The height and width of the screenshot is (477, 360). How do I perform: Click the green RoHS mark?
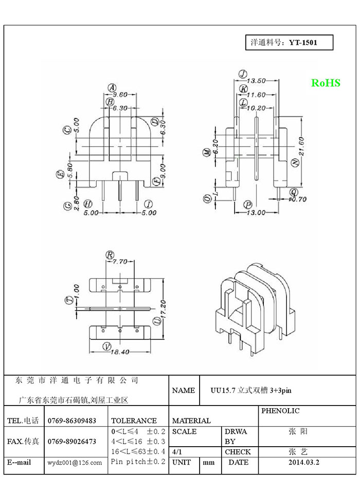click(x=326, y=83)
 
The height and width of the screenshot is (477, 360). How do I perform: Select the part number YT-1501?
click(x=303, y=43)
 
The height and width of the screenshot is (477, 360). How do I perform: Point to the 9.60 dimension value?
click(x=120, y=95)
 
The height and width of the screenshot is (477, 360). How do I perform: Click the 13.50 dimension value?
click(x=256, y=81)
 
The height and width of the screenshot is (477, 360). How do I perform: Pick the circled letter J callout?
click(x=243, y=74)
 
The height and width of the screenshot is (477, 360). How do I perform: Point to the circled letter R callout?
click(x=110, y=254)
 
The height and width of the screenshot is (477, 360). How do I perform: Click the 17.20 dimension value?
click(x=164, y=307)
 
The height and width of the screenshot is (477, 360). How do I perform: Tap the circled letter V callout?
click(x=107, y=346)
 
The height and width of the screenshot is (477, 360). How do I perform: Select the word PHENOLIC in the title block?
click(x=280, y=411)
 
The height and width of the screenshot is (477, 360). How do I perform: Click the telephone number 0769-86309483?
click(x=72, y=421)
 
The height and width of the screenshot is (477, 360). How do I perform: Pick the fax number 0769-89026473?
click(x=72, y=442)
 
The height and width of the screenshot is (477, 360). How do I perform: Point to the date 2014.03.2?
click(x=304, y=462)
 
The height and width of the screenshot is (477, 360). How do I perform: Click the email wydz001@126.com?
click(x=75, y=463)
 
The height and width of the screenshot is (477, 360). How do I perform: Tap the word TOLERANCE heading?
click(x=134, y=421)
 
